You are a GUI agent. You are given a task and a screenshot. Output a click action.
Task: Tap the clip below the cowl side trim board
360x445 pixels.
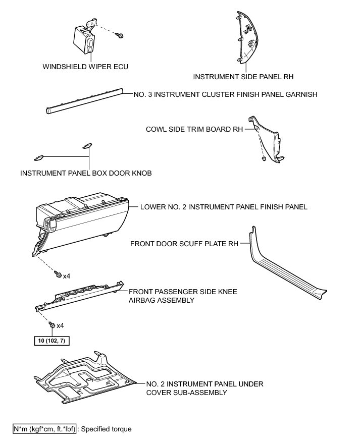[265, 159]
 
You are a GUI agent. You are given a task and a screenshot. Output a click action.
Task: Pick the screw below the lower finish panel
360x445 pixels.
[59, 274]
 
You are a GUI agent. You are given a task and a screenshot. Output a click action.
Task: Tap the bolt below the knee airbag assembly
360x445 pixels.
[52, 325]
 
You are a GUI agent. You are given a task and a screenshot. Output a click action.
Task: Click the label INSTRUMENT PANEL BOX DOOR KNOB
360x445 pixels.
[86, 173]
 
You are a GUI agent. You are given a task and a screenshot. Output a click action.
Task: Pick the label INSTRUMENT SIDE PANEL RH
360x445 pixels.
[243, 77]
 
